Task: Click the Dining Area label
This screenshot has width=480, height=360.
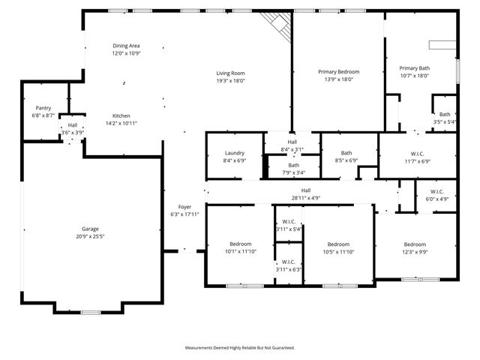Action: [126, 46]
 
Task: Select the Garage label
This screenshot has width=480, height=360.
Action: [90, 229]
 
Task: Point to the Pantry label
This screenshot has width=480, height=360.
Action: [43, 108]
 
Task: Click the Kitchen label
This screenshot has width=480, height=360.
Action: [121, 115]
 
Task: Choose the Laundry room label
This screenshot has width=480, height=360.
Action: [234, 153]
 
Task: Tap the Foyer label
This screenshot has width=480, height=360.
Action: [184, 207]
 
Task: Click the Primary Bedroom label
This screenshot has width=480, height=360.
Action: [338, 71]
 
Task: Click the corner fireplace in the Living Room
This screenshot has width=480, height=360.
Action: [276, 26]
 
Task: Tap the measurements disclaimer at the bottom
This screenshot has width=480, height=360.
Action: [240, 348]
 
